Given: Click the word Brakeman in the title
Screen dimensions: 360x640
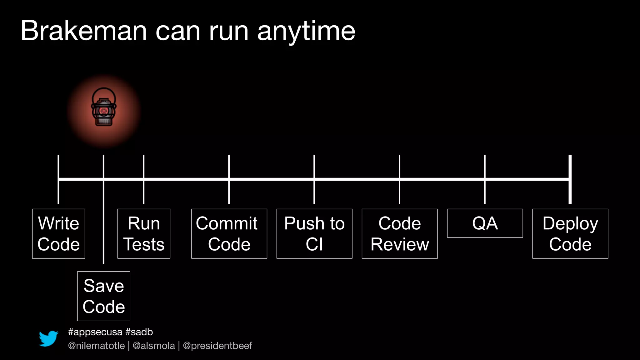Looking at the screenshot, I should click(83, 31).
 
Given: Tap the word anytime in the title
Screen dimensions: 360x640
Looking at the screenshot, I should click(306, 31).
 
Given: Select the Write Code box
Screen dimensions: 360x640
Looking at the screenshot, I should click(58, 233).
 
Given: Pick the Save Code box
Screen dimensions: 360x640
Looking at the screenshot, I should click(104, 296).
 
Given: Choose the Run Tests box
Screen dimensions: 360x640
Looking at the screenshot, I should click(144, 233).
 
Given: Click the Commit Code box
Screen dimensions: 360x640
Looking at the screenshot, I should click(229, 233).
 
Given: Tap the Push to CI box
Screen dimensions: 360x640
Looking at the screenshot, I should click(314, 233).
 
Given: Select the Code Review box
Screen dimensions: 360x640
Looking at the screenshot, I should click(400, 233).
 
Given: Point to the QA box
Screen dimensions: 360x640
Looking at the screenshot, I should click(485, 223).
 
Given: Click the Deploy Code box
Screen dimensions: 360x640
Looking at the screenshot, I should click(570, 233).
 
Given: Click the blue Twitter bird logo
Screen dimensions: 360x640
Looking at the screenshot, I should click(48, 338).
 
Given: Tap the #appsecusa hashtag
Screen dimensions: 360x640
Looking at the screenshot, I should click(95, 332).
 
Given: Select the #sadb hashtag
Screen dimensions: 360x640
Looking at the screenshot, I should click(139, 332).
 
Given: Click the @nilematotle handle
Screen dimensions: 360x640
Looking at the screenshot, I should click(96, 346).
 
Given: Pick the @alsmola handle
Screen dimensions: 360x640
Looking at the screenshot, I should click(154, 346).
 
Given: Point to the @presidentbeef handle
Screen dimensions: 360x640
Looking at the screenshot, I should click(217, 346).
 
